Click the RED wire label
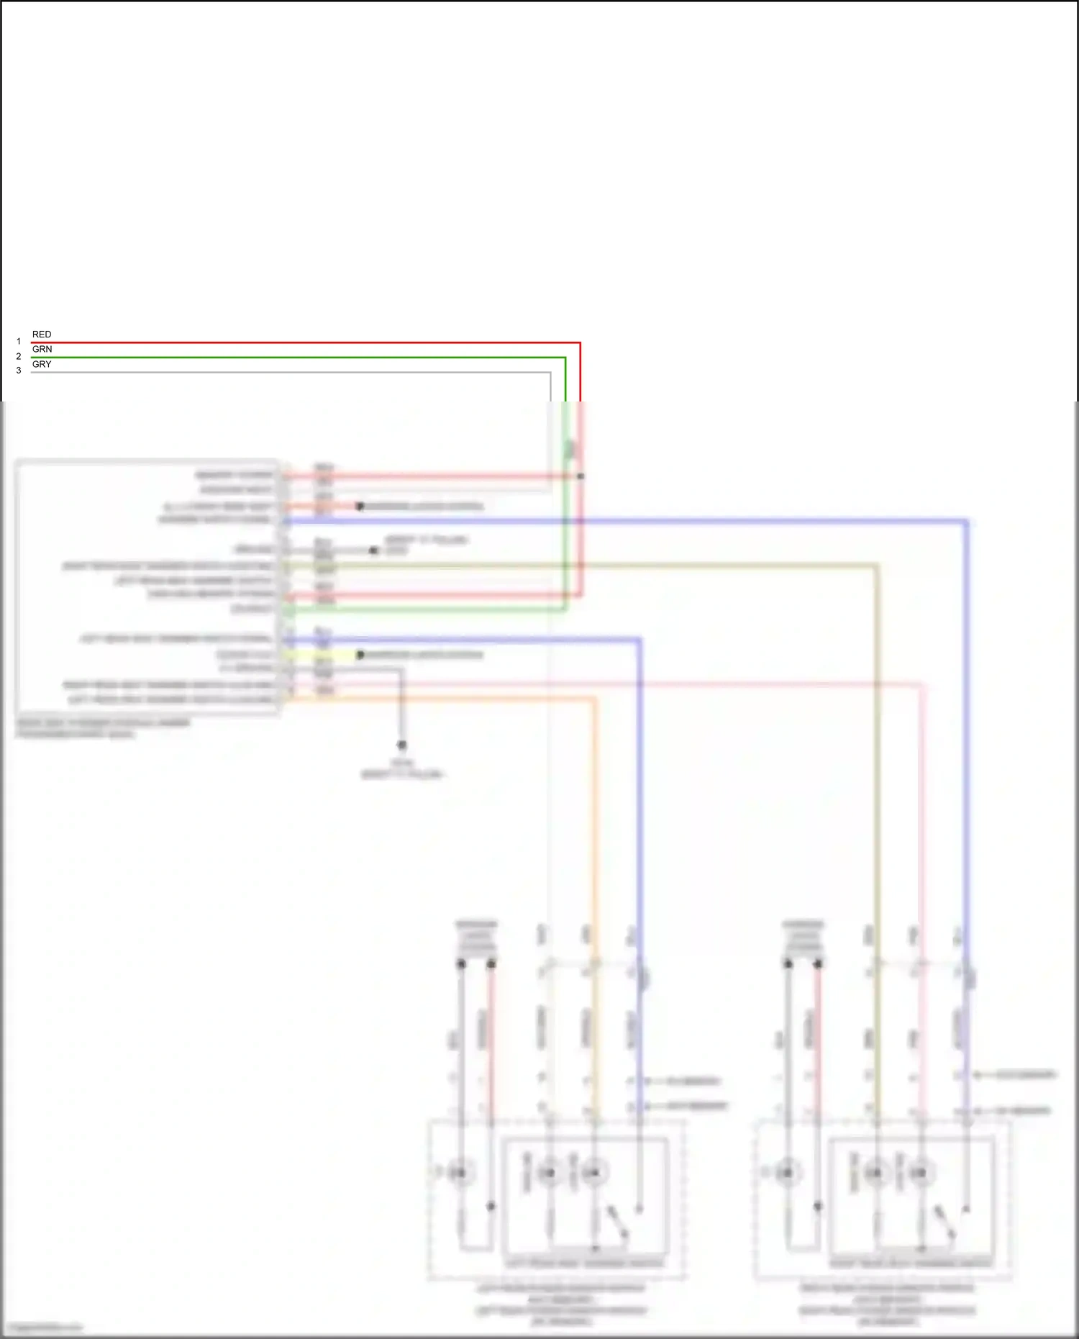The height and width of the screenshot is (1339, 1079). pos(42,335)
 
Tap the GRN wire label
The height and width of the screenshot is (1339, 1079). pos(42,349)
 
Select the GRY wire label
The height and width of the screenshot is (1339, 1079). pos(42,364)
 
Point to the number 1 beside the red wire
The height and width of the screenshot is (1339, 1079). pos(19,342)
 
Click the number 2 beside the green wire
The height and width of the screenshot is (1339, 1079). pos(19,356)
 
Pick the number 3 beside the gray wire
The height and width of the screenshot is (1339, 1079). pos(19,371)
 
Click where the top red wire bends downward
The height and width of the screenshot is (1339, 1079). pos(580,343)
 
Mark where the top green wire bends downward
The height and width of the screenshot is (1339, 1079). pos(565,358)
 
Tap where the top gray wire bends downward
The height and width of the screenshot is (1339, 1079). pos(550,373)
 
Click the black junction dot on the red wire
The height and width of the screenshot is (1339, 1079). pos(581,476)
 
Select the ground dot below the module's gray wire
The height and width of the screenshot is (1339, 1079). pos(402,745)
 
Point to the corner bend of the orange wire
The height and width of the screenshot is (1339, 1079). pos(594,699)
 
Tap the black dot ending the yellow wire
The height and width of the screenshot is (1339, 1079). pos(360,655)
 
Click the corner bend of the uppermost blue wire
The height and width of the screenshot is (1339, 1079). pos(967,521)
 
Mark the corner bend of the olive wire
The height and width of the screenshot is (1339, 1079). pos(876,566)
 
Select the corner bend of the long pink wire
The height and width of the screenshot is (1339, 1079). pos(921,686)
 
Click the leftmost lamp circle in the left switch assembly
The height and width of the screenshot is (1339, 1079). pos(458,1174)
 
